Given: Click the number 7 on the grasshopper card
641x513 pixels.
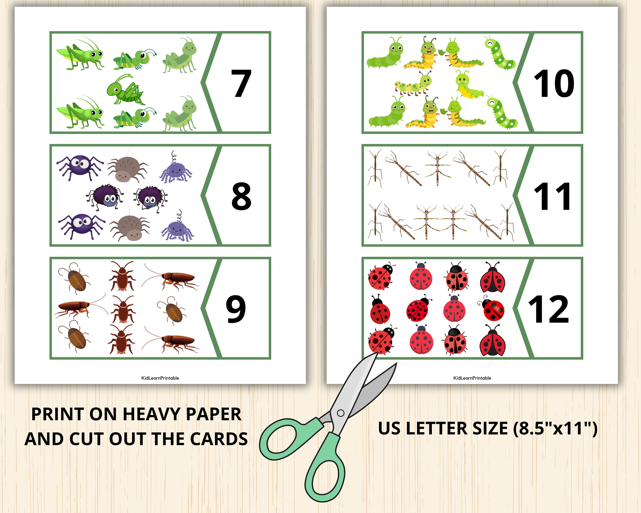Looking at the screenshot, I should pyautogui.click(x=241, y=84).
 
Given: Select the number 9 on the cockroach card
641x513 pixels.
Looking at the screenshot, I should pyautogui.click(x=236, y=309).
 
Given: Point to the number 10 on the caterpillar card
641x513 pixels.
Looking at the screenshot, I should pyautogui.click(x=554, y=84).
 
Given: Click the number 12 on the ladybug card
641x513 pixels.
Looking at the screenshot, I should pyautogui.click(x=548, y=309).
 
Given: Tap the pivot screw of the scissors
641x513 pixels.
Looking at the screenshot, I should pyautogui.click(x=341, y=413).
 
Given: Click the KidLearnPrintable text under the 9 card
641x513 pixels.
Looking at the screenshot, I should pyautogui.click(x=160, y=378).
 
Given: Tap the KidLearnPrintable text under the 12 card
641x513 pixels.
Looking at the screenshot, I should pyautogui.click(x=472, y=378).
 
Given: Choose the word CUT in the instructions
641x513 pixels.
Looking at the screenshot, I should pyautogui.click(x=87, y=439).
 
